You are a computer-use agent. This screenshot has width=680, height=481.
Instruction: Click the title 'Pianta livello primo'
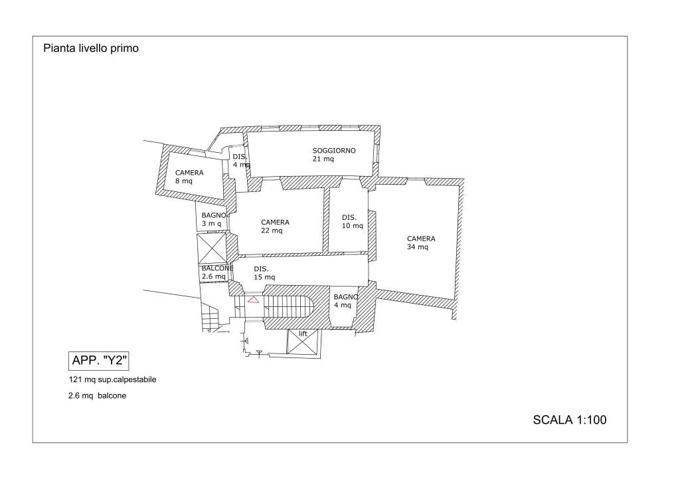(x=90, y=48)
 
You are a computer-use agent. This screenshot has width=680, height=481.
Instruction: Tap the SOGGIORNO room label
(x=334, y=151)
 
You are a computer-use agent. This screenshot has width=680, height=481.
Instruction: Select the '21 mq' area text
(x=323, y=159)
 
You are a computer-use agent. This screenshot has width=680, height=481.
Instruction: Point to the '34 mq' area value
(x=417, y=246)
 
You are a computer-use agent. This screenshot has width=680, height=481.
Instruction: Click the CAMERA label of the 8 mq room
(x=189, y=173)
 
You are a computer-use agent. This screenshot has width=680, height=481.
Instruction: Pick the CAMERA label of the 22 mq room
(x=275, y=222)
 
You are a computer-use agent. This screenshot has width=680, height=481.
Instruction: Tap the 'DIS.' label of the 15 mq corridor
(x=261, y=269)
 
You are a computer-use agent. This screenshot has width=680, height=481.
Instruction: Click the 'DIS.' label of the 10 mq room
(x=349, y=217)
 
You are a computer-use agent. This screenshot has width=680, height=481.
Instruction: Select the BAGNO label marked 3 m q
(x=214, y=215)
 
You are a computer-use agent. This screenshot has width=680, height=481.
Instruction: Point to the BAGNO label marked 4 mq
(x=345, y=297)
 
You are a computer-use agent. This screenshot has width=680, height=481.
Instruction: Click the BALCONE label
(x=217, y=268)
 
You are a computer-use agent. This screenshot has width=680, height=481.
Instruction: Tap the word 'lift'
(x=303, y=334)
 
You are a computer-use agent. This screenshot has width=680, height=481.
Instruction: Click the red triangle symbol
(x=254, y=299)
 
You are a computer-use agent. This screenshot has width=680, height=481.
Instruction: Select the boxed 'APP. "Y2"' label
(x=99, y=361)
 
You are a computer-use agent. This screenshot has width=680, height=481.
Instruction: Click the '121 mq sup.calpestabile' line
(x=112, y=379)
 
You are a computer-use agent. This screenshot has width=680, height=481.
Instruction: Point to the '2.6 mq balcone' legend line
(x=97, y=395)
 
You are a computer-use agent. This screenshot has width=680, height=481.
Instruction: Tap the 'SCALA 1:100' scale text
(x=569, y=420)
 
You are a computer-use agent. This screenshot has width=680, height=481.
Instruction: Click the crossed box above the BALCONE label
(x=212, y=249)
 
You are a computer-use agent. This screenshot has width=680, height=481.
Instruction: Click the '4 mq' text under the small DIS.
(x=241, y=165)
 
